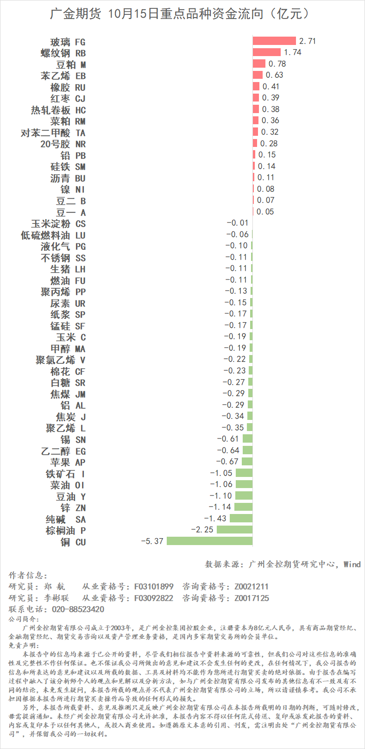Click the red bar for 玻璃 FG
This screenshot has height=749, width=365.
[274, 41]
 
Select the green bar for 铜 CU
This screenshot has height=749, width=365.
[209, 541]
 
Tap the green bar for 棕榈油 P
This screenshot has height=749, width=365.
[234, 529]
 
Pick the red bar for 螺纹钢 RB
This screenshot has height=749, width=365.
[267, 52]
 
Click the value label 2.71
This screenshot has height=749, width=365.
[308, 41]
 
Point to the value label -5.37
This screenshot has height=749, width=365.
[152, 541]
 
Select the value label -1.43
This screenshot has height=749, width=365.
[215, 519]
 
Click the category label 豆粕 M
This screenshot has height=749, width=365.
[71, 64]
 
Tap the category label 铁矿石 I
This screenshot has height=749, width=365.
[65, 474]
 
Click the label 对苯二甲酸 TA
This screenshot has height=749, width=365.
[53, 133]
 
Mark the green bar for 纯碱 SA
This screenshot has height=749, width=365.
[241, 518]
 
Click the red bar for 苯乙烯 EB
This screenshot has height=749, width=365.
[258, 75]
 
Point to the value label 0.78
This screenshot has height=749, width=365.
[277, 64]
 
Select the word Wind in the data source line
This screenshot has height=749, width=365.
[352, 564]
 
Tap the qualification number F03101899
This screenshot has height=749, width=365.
[154, 587]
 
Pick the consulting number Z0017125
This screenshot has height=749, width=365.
[252, 598]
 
